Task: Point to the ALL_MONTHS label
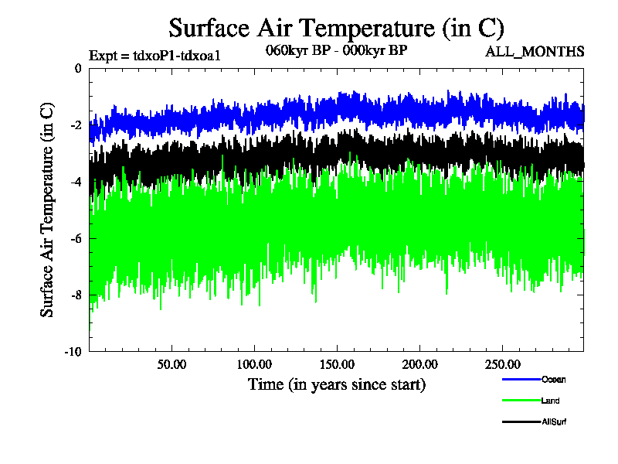(x=535, y=52)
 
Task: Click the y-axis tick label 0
(x=77, y=69)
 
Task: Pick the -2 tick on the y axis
(x=75, y=125)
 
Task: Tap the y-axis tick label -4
(x=75, y=182)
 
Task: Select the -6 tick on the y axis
(x=75, y=238)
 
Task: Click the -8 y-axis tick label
(x=75, y=295)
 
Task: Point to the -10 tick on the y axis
(x=73, y=351)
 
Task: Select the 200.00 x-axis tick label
(x=417, y=364)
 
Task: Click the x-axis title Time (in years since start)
(x=336, y=384)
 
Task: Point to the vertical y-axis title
(x=48, y=210)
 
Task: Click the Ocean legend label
(x=553, y=379)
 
